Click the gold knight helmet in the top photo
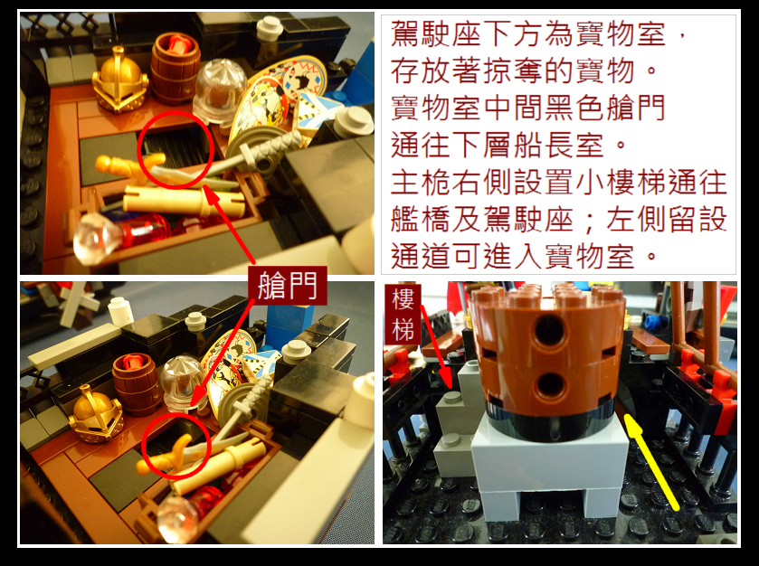[x=119, y=80]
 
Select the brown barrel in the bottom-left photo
[x=138, y=383]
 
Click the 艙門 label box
[x=288, y=286]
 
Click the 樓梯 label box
[x=403, y=315]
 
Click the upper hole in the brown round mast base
[x=549, y=330]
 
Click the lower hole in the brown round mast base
[x=550, y=387]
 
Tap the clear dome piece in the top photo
[x=220, y=90]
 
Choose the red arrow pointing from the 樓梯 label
[x=437, y=346]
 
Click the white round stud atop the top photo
[x=270, y=29]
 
